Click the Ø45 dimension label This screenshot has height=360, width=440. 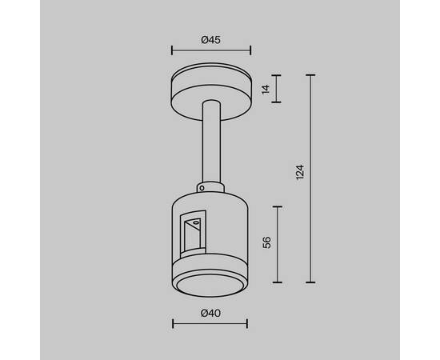pyautogui.click(x=210, y=40)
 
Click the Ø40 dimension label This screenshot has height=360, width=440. pyautogui.click(x=210, y=313)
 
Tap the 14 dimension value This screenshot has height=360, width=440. pyautogui.click(x=266, y=89)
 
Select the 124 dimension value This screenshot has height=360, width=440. pyautogui.click(x=300, y=172)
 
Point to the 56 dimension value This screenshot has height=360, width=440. pyautogui.click(x=267, y=242)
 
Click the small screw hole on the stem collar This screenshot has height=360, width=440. pyautogui.click(x=202, y=188)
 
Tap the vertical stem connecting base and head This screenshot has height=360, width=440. pyautogui.click(x=211, y=142)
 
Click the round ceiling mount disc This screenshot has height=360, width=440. pyautogui.click(x=211, y=91)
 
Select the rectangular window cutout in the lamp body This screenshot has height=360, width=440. pyautogui.click(x=193, y=234)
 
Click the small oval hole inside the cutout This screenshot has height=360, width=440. pyautogui.click(x=197, y=223)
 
